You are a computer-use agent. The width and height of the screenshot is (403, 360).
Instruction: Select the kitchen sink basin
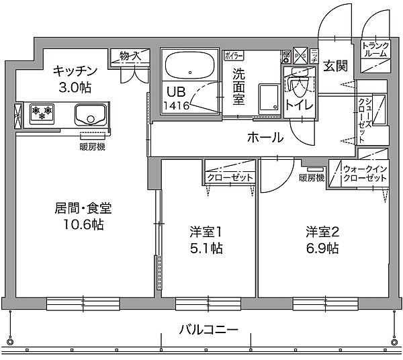tap(88, 115)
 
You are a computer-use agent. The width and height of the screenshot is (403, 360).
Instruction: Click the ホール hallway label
tap(265, 138)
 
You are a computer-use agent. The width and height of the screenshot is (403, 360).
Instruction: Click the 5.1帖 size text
tap(206, 248)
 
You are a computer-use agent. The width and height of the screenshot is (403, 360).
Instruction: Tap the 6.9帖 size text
tap(322, 248)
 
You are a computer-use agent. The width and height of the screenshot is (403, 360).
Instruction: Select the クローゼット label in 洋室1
tap(230, 177)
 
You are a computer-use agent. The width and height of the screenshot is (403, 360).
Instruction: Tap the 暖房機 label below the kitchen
tap(91, 146)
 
